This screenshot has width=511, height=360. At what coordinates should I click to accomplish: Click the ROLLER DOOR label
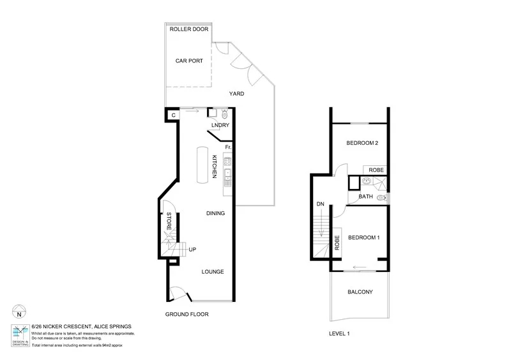[x=188, y=29]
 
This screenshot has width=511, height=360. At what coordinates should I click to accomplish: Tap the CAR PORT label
[x=189, y=61]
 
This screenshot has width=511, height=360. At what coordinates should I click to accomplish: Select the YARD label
[x=236, y=94]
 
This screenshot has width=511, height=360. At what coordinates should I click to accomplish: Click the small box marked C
[x=172, y=115]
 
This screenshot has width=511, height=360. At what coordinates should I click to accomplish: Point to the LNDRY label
[x=220, y=126]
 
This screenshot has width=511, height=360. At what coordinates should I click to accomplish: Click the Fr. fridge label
[x=227, y=147]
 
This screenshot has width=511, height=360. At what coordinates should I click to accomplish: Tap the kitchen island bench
[x=202, y=167]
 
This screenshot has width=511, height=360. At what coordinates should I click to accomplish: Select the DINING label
[x=215, y=213]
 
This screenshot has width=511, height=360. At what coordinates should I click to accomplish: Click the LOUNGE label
[x=213, y=271]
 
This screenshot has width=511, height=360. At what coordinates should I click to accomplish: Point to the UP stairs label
[x=192, y=249]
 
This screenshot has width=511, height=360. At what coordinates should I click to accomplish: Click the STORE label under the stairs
[x=169, y=221]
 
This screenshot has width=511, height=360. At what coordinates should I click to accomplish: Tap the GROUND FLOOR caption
[x=187, y=314]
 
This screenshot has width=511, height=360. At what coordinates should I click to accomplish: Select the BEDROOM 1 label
[x=364, y=237]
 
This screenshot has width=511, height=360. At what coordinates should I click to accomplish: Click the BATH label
[x=365, y=197]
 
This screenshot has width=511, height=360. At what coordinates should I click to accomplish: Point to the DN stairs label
[x=320, y=204]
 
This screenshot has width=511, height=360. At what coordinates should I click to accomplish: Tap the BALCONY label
[x=360, y=292]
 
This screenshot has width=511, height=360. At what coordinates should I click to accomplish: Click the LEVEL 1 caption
[x=339, y=333]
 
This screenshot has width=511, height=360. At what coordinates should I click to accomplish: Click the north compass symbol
[x=19, y=313]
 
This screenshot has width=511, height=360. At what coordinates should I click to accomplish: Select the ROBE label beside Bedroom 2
[x=375, y=170]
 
